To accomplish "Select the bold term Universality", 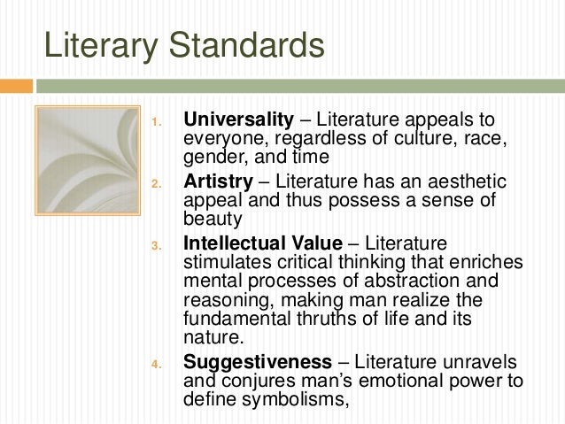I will pos(237,119).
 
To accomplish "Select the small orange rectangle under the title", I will pos(17,86).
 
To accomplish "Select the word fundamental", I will pos(239,320).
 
